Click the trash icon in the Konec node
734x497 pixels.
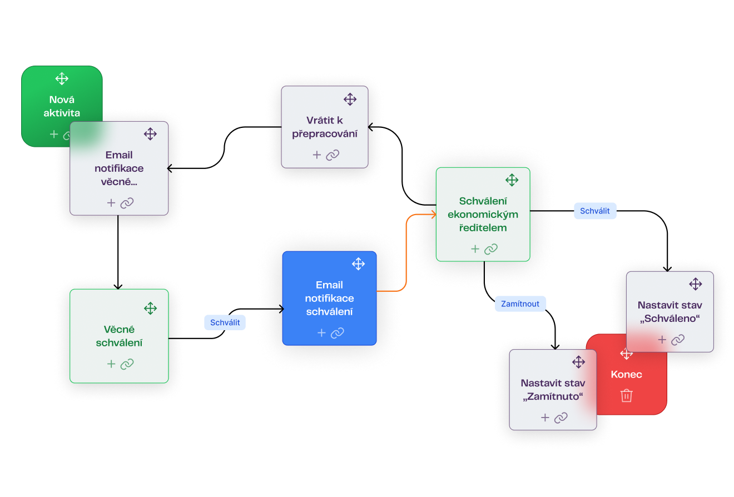627,396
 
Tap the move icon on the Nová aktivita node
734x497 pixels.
62,78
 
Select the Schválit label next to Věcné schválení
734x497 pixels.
225,322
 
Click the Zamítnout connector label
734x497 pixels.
520,304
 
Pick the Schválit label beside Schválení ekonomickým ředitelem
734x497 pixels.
595,211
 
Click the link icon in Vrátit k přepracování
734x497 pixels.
333,155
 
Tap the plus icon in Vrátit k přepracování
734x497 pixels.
317,155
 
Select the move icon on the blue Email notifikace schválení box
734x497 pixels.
358,264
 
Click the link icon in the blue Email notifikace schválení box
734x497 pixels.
338,333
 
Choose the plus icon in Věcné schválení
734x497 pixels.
111,364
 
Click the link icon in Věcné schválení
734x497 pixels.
127,364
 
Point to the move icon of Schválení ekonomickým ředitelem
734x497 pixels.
512,180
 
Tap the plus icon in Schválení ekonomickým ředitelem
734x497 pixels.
475,249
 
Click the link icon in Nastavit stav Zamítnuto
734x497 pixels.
561,418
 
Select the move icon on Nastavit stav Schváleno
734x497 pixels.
695,285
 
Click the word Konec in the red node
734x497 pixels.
626,375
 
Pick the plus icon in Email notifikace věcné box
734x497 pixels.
111,203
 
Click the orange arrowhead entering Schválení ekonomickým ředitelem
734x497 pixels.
433,214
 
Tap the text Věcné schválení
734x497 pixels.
119,336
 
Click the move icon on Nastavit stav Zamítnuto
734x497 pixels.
578,362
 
